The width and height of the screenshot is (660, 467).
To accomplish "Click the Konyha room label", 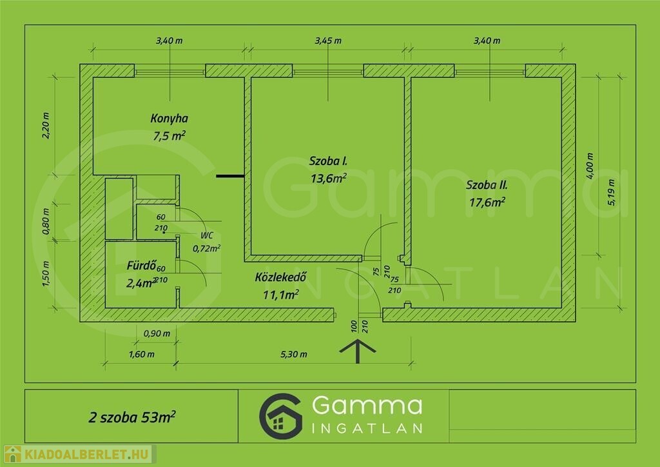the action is click(170, 118).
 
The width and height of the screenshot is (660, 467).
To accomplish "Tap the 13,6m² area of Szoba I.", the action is click(329, 178).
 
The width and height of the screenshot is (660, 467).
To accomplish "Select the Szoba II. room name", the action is click(487, 185).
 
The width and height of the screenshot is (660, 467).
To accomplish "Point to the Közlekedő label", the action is click(281, 277).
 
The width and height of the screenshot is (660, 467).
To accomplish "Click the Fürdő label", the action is click(141, 265).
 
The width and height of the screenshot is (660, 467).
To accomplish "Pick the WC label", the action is click(207, 235).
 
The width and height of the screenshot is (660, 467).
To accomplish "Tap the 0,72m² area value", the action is click(206, 248).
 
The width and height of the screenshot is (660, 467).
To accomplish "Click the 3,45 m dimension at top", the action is click(328, 41).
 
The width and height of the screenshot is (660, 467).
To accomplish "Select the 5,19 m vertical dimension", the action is click(611, 192).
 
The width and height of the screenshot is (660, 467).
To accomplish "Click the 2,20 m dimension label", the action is click(46, 126).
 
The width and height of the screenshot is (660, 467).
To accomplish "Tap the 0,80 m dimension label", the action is click(46, 221).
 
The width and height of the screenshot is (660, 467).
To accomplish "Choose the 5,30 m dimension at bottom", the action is click(294, 355).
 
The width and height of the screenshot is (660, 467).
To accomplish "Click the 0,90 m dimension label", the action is click(157, 333).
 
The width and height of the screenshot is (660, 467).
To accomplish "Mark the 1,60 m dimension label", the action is click(141, 355).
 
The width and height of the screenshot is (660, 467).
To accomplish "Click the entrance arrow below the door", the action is click(357, 351).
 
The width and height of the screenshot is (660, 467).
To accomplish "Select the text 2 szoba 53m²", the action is click(131, 417).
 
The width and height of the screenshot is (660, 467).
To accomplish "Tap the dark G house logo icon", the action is click(281, 417).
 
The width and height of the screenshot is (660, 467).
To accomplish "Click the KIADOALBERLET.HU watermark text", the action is click(86, 454).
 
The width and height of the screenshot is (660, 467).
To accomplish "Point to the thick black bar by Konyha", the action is click(230, 175).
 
